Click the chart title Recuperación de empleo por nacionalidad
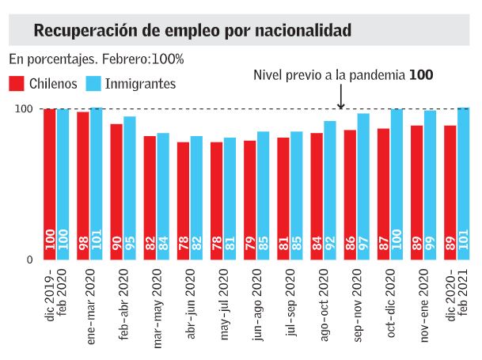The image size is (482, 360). coord(193,31)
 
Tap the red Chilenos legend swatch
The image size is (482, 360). coord(16,83)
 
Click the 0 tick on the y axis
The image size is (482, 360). coord(30,260)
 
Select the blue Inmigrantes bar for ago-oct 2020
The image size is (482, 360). coord(330,191)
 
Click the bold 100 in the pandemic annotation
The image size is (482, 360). coord(421,75)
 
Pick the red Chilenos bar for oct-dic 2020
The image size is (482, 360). coord(384,194)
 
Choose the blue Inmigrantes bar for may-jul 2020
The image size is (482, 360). coord(230,199)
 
